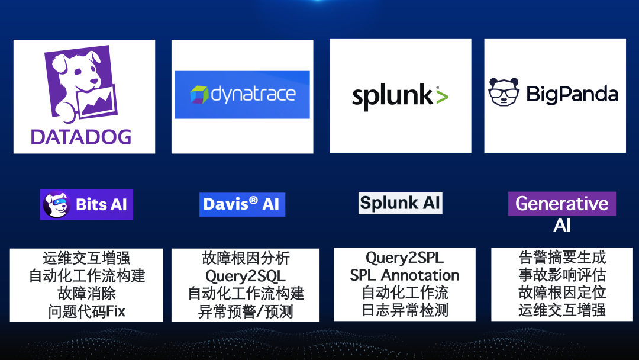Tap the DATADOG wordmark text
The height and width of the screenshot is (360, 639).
(x=81, y=136)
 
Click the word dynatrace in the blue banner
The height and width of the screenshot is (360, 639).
(x=253, y=94)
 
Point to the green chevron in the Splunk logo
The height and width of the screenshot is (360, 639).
(x=441, y=95)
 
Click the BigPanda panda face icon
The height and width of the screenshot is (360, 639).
(x=503, y=93)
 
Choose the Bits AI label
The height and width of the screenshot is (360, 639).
(x=101, y=205)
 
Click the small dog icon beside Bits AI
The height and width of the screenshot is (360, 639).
(x=57, y=205)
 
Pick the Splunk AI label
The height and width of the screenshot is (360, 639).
(x=400, y=203)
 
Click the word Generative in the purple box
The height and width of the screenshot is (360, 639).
(x=561, y=204)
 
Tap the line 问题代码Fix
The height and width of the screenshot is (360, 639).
(x=87, y=311)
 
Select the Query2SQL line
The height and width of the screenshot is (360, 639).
(x=245, y=276)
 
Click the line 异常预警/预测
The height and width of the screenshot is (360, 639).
(x=245, y=311)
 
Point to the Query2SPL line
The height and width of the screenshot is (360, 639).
(x=404, y=258)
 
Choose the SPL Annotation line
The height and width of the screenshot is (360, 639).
(x=404, y=275)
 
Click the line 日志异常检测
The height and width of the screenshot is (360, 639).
(x=405, y=310)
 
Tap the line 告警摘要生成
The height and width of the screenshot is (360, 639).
(x=562, y=258)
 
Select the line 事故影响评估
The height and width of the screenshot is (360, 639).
(x=562, y=275)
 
